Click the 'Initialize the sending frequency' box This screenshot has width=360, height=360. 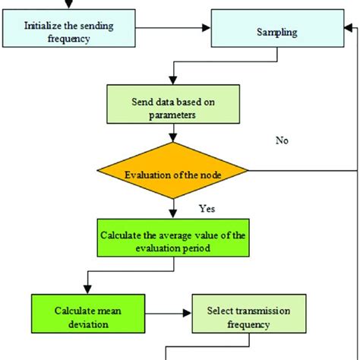[x=69, y=28]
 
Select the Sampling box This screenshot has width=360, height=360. [x=277, y=28]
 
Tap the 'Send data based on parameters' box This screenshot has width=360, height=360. [x=173, y=104]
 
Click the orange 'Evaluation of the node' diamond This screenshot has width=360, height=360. [x=173, y=170]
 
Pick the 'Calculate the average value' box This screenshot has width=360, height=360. [x=173, y=238]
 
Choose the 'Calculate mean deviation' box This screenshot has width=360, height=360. [x=88, y=314]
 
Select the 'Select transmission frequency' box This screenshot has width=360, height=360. [x=249, y=314]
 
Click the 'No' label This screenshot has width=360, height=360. [x=282, y=141]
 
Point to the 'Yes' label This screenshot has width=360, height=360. [x=207, y=209]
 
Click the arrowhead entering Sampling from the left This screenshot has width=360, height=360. [x=207, y=28]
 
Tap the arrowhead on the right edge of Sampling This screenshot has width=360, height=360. [x=349, y=28]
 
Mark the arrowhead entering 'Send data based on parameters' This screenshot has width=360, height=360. [x=173, y=81]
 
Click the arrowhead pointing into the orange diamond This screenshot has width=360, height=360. [x=173, y=138]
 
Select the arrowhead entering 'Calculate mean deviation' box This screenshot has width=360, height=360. [x=87, y=290]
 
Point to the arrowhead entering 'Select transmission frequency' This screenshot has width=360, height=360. [x=188, y=314]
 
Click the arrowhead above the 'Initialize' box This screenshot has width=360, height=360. [x=69, y=5]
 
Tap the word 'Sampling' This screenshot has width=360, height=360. [x=277, y=33]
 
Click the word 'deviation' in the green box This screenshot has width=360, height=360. [x=88, y=324]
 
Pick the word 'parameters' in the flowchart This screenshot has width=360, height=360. [x=172, y=115]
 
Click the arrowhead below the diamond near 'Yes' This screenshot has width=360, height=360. [x=173, y=214]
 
